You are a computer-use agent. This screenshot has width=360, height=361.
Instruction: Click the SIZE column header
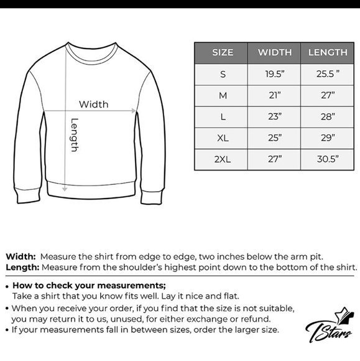[222, 52]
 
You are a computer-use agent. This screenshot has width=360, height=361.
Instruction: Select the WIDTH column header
[274, 52]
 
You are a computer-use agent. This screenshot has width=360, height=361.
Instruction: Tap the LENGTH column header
[328, 52]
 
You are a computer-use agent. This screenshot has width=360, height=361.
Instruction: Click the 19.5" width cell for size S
[274, 74]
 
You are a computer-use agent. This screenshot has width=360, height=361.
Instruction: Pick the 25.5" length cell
[328, 74]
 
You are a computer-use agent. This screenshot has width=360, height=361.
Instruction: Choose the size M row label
[222, 95]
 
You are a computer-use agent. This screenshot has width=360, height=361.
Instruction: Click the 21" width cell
[274, 95]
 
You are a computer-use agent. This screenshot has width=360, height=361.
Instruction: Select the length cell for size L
[328, 116]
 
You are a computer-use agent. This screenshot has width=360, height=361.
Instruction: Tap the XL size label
[222, 138]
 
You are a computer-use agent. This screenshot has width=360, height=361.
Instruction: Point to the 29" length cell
[328, 138]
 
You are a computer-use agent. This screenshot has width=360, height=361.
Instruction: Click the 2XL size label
[222, 159]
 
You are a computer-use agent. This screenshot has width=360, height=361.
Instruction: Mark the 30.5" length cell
[328, 159]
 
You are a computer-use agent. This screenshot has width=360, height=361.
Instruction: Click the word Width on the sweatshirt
[93, 104]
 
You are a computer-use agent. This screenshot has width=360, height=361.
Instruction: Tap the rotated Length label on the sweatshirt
[75, 135]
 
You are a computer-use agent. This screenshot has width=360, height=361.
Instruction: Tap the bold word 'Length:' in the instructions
[22, 267]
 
